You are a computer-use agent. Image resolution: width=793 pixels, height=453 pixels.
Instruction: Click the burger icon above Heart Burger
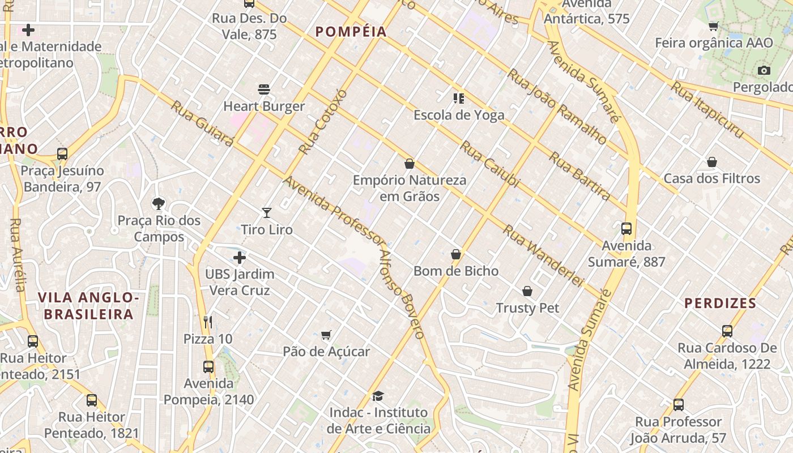click(264, 89)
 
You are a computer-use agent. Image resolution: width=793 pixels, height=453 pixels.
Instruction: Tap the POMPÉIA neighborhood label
click(351, 32)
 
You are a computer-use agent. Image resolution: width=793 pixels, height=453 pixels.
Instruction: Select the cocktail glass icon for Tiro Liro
click(267, 213)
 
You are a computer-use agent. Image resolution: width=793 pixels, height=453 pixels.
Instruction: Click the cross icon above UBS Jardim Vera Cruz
click(240, 258)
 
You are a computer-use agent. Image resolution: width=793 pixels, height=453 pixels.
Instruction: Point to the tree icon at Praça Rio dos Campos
click(159, 203)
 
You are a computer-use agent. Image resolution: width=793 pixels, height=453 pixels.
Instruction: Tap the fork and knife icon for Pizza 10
click(208, 322)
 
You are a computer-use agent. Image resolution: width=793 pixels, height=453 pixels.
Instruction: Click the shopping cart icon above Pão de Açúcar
click(326, 335)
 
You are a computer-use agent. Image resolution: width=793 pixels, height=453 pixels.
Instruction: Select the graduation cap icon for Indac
click(378, 396)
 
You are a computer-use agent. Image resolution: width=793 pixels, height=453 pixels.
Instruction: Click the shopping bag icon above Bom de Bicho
click(456, 254)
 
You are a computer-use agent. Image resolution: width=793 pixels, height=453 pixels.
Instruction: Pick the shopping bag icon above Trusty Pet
click(527, 291)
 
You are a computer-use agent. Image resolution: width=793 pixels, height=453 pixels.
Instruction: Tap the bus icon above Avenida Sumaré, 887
click(626, 229)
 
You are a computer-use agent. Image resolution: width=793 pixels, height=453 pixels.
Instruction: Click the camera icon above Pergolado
click(764, 71)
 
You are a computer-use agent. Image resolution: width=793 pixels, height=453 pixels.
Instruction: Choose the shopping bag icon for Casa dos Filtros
click(712, 162)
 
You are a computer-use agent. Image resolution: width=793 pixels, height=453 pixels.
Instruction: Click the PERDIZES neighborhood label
click(720, 303)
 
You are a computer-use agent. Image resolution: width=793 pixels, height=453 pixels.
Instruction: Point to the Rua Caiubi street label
click(489, 164)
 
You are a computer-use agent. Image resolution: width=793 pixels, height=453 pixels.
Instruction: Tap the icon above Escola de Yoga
click(459, 99)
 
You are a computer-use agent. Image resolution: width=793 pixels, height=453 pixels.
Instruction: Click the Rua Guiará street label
click(202, 123)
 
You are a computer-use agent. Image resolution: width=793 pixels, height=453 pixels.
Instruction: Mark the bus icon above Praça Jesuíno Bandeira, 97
click(62, 154)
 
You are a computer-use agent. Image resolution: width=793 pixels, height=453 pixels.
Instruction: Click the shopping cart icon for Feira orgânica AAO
click(714, 26)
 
